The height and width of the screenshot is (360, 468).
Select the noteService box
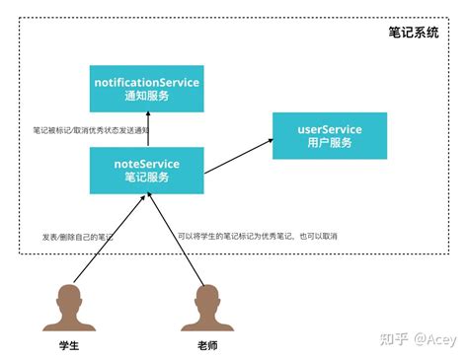(147, 170)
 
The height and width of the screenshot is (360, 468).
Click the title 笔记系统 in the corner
(416, 33)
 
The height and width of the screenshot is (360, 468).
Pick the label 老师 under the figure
(206, 347)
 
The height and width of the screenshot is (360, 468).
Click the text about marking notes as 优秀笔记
(272, 237)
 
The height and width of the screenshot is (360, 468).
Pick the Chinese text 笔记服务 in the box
(147, 178)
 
